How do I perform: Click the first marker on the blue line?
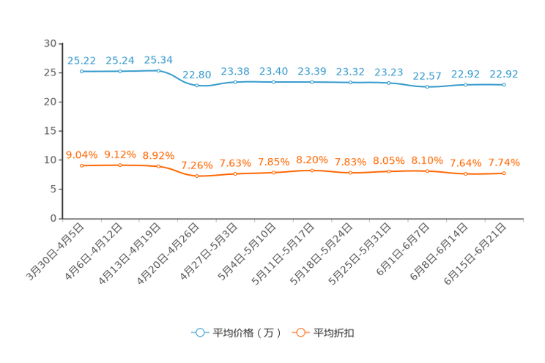tap(81, 71)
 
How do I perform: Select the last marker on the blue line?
tap(504, 84)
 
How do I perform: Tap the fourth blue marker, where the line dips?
tap(196, 85)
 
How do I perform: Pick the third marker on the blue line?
tap(158, 71)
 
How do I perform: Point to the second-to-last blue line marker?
tap(465, 84)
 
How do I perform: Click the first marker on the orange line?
tap(81, 165)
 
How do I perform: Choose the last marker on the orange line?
tap(504, 173)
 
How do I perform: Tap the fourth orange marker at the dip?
tap(196, 176)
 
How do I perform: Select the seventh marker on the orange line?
tap(312, 170)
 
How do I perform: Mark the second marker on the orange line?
tap(120, 165)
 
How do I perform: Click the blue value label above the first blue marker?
tap(81, 60)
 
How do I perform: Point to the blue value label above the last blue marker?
tap(504, 73)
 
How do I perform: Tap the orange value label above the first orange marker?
tap(81, 154)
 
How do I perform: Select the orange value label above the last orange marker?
tap(504, 162)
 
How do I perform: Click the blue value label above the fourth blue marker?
tap(196, 74)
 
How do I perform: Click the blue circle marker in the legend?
tap(199, 332)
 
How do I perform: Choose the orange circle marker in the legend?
tap(300, 332)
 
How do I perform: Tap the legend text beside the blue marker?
tap(246, 333)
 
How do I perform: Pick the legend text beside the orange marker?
tap(334, 333)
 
